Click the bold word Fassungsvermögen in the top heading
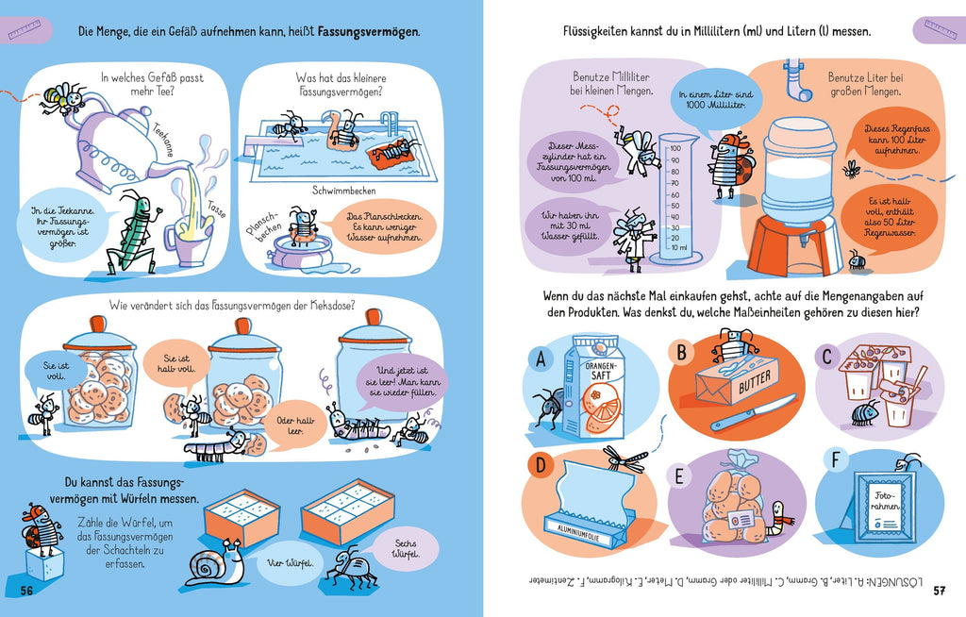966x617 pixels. [x=369, y=31]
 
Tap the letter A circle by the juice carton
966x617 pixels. [x=541, y=359]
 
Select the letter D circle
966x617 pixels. [x=541, y=465]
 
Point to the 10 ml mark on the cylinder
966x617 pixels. [x=676, y=249]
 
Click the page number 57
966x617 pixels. [x=939, y=591]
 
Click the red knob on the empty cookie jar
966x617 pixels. [x=374, y=316]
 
